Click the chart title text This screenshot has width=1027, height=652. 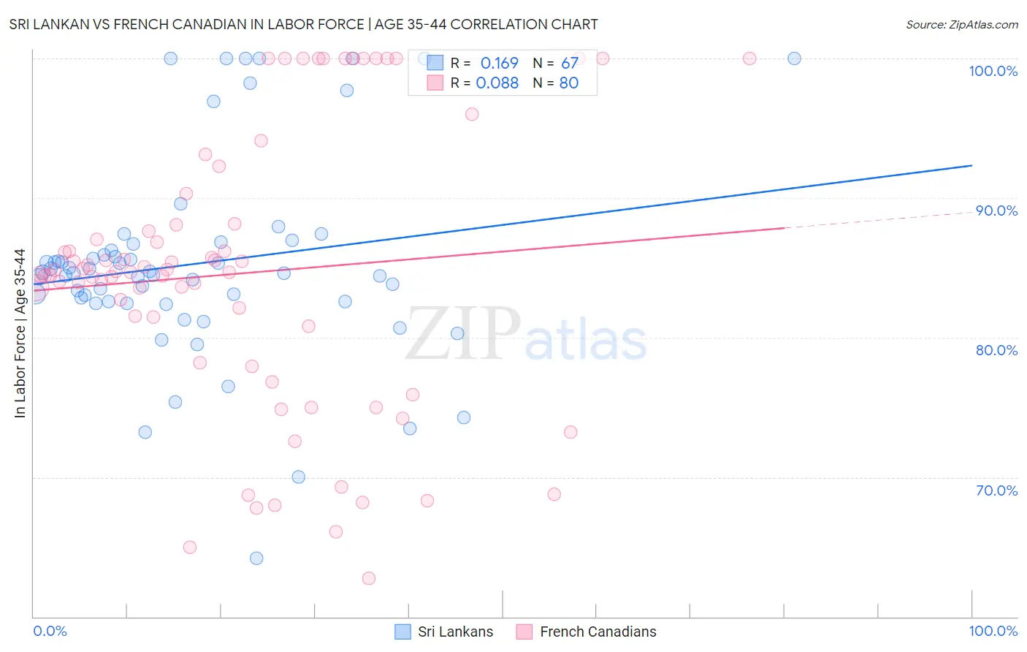[x=303, y=24]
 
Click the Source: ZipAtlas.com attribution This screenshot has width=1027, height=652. [x=961, y=24]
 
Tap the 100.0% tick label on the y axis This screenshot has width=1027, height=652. [x=993, y=71]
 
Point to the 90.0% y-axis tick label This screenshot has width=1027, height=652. [x=996, y=211]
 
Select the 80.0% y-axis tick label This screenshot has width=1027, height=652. [x=996, y=350]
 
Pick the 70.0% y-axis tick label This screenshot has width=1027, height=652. [x=996, y=490]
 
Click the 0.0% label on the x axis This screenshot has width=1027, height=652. [x=50, y=631]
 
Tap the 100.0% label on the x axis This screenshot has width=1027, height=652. [x=993, y=631]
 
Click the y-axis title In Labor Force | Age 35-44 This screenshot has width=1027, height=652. [x=20, y=333]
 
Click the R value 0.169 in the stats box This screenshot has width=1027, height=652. [x=499, y=64]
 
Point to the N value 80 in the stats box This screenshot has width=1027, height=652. [x=568, y=83]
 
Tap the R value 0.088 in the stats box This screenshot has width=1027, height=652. [x=497, y=83]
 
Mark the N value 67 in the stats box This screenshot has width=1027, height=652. [x=569, y=64]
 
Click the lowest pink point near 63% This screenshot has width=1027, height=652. [x=369, y=578]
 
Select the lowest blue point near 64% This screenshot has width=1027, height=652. [x=256, y=558]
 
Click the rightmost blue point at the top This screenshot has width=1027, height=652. [x=794, y=58]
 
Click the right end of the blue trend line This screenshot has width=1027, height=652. [x=971, y=166]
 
